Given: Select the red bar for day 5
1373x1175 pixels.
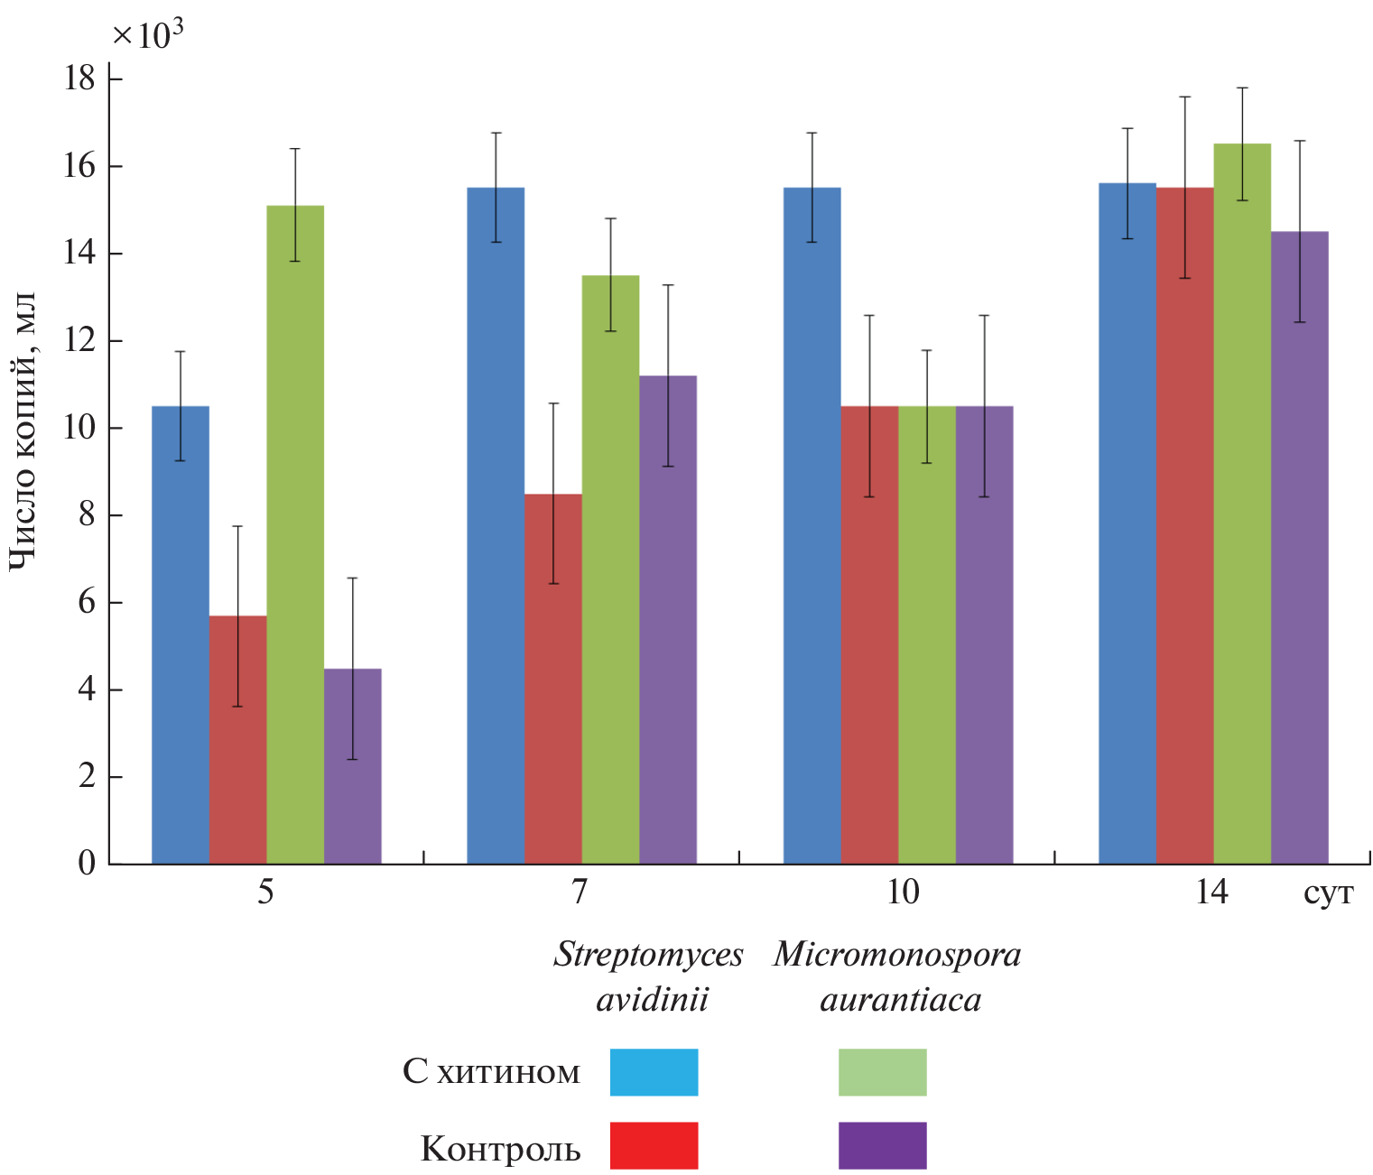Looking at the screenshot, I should click(237, 739).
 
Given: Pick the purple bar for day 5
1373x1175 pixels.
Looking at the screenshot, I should click(353, 766).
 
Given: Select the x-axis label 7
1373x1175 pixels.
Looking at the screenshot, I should click(580, 893).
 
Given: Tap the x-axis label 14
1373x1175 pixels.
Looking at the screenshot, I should click(1211, 893).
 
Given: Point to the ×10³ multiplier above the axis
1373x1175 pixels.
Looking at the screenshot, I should click(149, 34).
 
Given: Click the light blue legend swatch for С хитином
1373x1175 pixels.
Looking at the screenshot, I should click(654, 1072).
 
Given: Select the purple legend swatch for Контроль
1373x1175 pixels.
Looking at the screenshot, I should click(882, 1145).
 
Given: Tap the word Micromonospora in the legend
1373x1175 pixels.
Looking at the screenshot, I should click(896, 955).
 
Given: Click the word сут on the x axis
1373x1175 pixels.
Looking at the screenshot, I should click(1328, 894).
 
